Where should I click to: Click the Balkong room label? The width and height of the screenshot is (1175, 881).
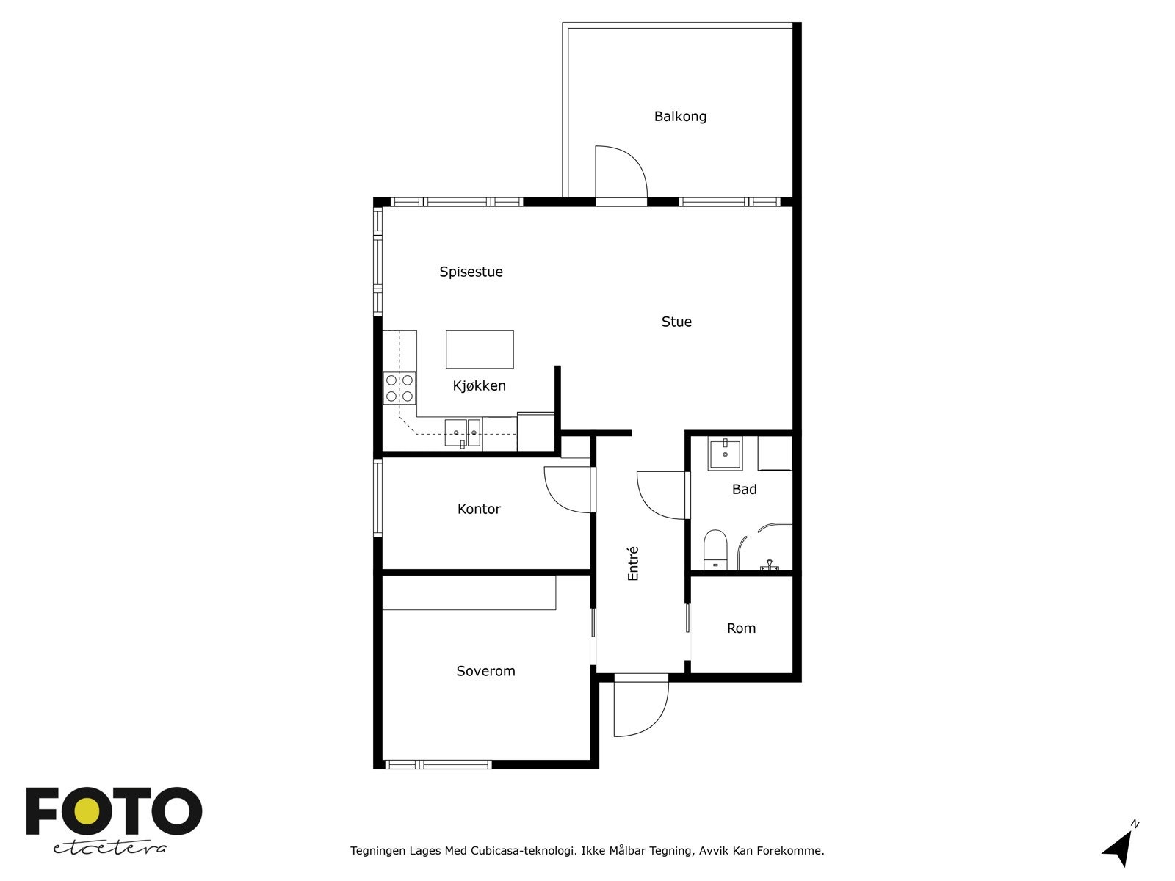pos(680,117)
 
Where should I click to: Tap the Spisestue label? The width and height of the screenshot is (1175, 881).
pos(471,272)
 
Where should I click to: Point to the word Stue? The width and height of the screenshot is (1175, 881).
pos(676,322)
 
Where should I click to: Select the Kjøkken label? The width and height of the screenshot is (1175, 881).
pos(479,385)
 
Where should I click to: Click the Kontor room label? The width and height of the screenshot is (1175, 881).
pos(479,509)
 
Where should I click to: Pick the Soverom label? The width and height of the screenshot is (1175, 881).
pos(485,671)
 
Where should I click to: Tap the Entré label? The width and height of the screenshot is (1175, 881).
pos(633,563)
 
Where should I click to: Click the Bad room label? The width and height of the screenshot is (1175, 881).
pos(744,489)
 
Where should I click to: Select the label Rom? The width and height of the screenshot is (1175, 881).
pos(742,628)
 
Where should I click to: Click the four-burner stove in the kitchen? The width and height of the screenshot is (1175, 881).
pos(399,388)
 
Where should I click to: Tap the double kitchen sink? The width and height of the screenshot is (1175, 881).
pos(463,432)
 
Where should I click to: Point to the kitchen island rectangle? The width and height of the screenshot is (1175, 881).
pos(480,349)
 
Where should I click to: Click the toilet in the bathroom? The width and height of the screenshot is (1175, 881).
pos(715,550)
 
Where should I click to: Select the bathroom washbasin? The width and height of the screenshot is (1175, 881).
pos(726,454)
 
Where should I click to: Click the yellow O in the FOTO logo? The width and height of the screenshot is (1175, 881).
pos(87,811)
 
